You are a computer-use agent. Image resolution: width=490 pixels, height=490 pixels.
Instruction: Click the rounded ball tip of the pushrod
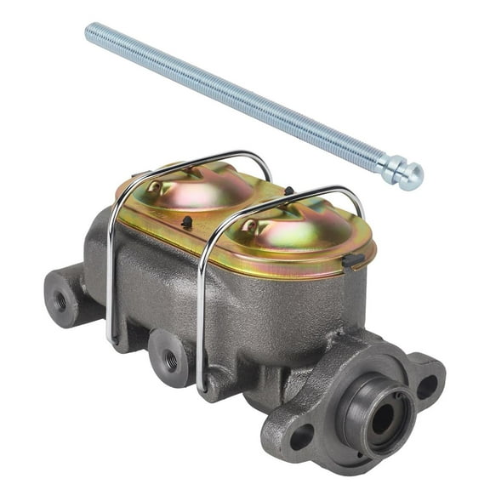pyautogui.click(x=412, y=177)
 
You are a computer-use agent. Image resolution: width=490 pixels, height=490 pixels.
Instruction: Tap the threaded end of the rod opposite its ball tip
pyautogui.click(x=92, y=31)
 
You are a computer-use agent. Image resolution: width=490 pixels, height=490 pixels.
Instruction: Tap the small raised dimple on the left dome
pyautogui.click(x=156, y=185)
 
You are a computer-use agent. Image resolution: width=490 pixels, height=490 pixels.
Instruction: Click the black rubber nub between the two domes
pyautogui.click(x=186, y=222)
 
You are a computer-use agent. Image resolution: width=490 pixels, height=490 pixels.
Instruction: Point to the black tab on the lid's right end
pyautogui.click(x=356, y=260)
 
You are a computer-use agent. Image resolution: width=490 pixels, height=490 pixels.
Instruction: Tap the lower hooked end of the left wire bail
pyautogui.click(x=110, y=337)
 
